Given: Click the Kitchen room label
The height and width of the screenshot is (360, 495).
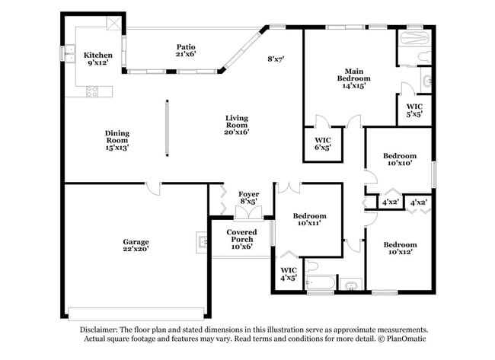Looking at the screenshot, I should tap(98, 59).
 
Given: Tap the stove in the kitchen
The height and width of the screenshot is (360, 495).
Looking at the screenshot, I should tap(93, 91).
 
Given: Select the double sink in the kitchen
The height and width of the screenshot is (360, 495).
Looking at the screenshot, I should tap(70, 53).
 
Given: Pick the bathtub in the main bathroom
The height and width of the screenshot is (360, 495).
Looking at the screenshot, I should tap(415, 37).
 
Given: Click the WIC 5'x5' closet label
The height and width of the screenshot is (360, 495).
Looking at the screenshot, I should tap(414, 110).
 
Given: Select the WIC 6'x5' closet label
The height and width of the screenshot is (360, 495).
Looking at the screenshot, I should tap(324, 144).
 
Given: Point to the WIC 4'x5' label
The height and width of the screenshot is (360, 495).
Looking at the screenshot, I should tap(289, 274).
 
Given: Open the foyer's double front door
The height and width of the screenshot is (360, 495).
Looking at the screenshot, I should tap(248, 214).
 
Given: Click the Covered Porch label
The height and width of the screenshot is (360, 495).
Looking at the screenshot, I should tap(241, 239).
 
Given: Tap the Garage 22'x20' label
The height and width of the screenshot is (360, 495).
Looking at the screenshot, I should tap(136, 244).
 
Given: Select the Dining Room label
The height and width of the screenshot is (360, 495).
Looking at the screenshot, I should tap(117, 141).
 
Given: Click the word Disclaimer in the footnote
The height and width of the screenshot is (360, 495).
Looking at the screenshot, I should tap(105, 328).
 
